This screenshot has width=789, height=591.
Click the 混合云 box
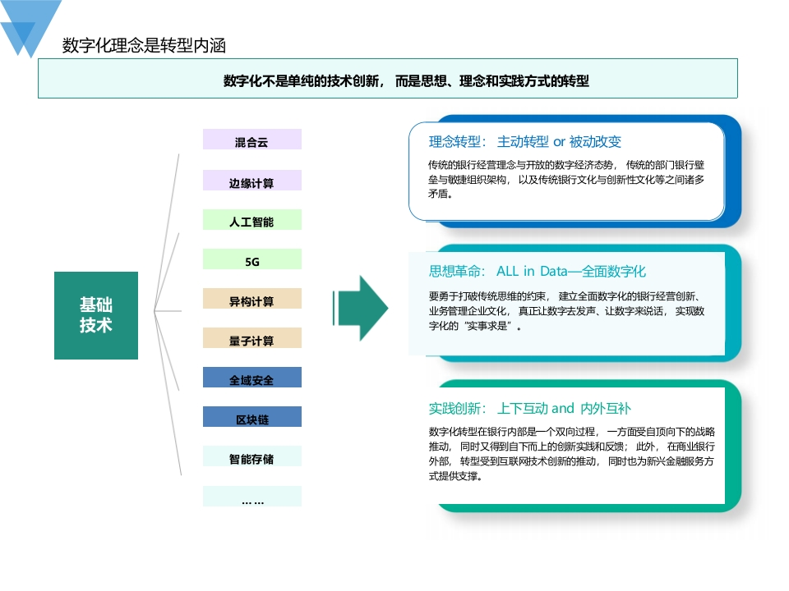(252, 140)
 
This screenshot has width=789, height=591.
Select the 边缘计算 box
(252, 181)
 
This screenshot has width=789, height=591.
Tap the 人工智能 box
(252, 220)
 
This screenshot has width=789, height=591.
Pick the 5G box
(252, 259)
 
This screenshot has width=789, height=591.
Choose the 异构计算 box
(252, 299)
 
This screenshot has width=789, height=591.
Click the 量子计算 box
(252, 338)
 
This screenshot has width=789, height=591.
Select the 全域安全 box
(252, 378)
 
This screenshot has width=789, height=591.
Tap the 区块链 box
(252, 417)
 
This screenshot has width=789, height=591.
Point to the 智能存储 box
(252, 456)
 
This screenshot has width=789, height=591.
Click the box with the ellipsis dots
(252, 496)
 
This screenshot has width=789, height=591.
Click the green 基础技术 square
(96, 315)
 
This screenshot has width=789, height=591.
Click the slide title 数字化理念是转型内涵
(144, 45)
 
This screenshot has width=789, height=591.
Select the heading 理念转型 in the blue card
(454, 142)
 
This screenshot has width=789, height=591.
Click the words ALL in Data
(532, 272)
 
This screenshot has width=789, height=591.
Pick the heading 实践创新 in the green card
(454, 409)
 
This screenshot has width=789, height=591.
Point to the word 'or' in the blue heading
(559, 142)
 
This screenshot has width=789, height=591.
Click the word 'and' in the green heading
(562, 408)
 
